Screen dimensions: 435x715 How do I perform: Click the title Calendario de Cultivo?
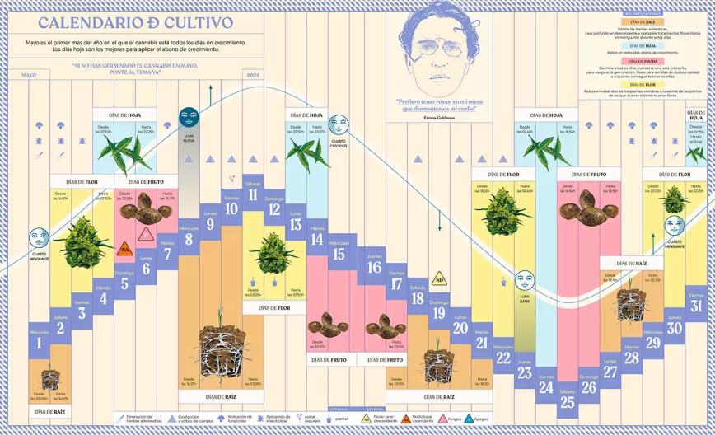[135, 23]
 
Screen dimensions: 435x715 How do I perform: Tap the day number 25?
[567, 401]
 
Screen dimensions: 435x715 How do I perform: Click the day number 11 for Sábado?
[253, 195]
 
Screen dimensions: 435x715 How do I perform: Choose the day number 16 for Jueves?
[375, 267]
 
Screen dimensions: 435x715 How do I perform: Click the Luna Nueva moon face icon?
[189, 117]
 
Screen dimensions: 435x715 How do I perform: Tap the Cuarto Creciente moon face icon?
[338, 124]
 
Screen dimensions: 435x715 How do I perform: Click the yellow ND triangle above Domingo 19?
[440, 278]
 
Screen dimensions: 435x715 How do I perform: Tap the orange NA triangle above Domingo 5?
[126, 247]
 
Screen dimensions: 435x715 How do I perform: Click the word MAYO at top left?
[29, 76]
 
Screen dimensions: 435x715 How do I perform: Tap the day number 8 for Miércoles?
[189, 241]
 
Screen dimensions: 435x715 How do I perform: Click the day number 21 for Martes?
[482, 344]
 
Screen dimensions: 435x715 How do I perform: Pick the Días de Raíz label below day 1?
[49, 409]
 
